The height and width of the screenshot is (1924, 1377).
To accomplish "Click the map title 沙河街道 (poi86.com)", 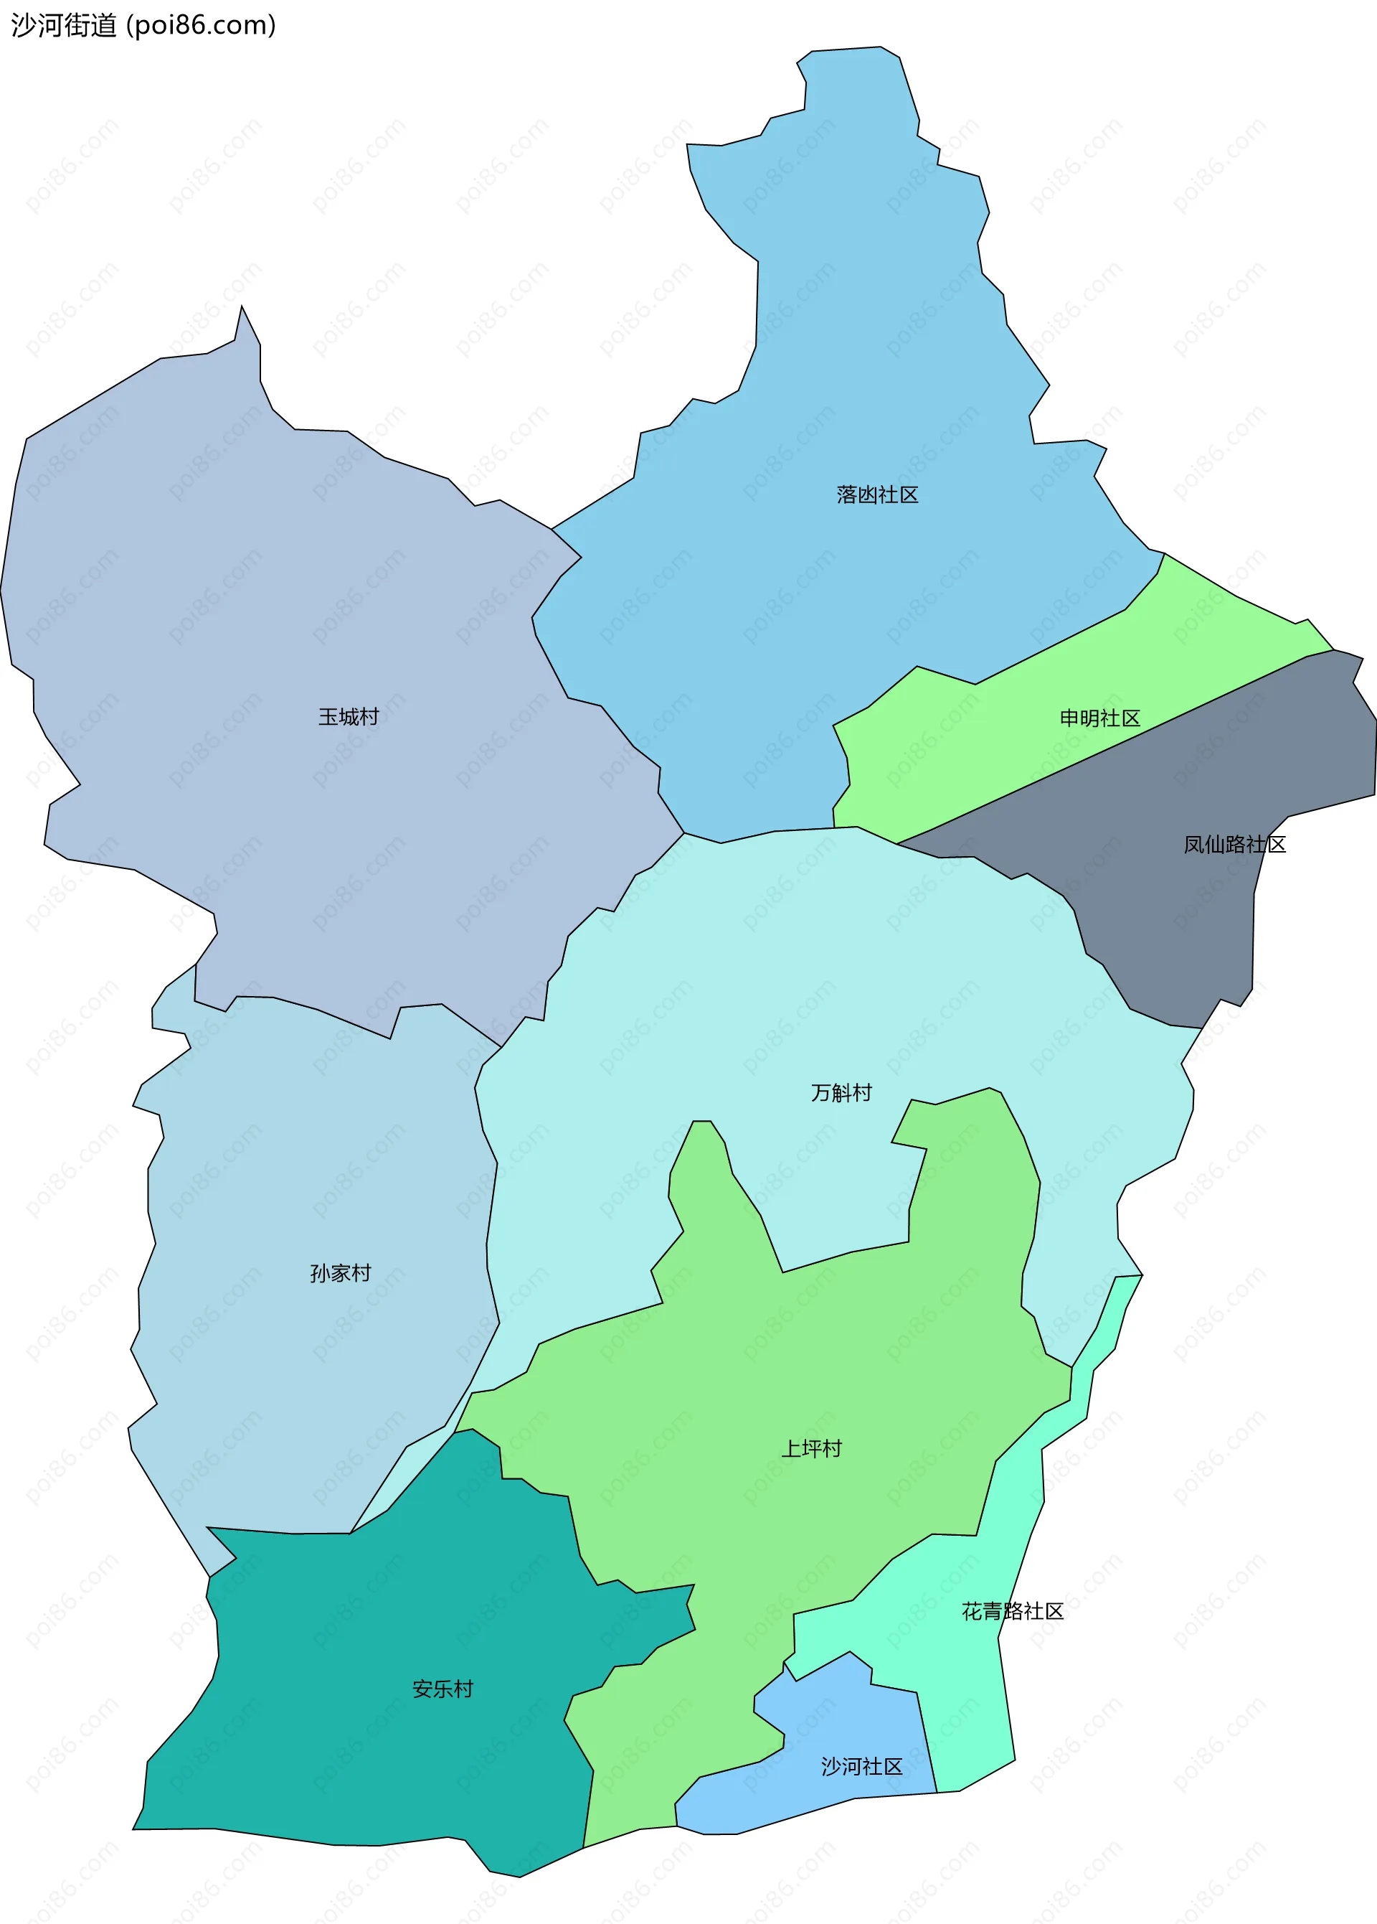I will [x=143, y=25].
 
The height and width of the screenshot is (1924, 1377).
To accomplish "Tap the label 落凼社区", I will [x=876, y=494].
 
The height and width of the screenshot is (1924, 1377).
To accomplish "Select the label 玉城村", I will [x=349, y=717].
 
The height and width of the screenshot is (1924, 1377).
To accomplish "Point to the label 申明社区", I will [x=1099, y=718].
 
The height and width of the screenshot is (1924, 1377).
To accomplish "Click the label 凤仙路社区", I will [x=1234, y=844].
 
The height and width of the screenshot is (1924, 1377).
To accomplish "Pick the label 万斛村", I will [x=841, y=1093].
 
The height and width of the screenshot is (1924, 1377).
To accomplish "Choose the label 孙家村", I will [x=340, y=1273].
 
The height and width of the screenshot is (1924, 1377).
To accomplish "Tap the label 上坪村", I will [x=811, y=1448].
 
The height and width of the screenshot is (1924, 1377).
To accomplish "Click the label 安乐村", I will [x=443, y=1689].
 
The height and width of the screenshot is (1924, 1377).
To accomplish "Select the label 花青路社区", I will [x=1013, y=1611].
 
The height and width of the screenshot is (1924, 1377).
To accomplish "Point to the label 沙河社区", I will [x=861, y=1766].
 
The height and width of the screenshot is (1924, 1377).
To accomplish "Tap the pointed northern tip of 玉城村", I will [x=242, y=308].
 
